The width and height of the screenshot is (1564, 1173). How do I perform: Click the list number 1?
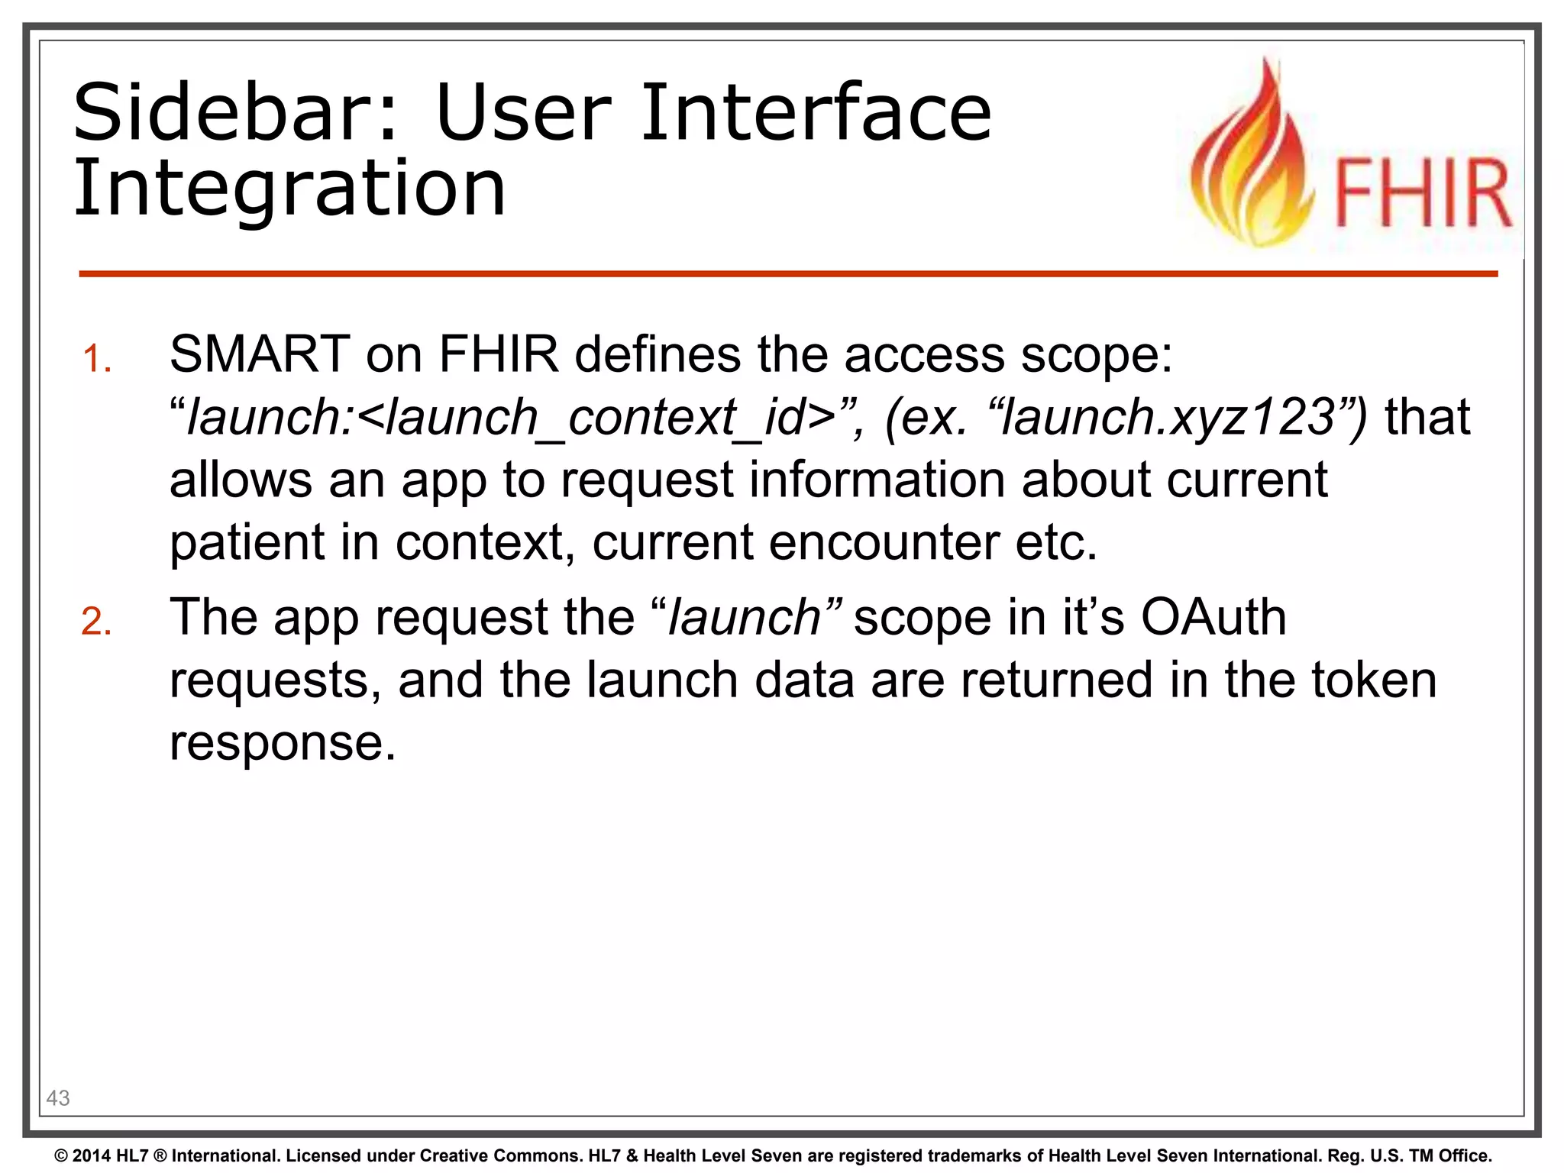click(x=97, y=359)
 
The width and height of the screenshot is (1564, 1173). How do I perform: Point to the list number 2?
click(x=97, y=622)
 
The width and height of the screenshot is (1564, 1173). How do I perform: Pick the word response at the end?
click(x=283, y=742)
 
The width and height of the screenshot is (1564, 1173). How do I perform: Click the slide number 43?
click(x=58, y=1098)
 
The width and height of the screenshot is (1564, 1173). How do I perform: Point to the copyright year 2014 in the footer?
click(x=92, y=1156)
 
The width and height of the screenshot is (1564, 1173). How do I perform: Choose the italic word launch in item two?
click(x=744, y=617)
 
